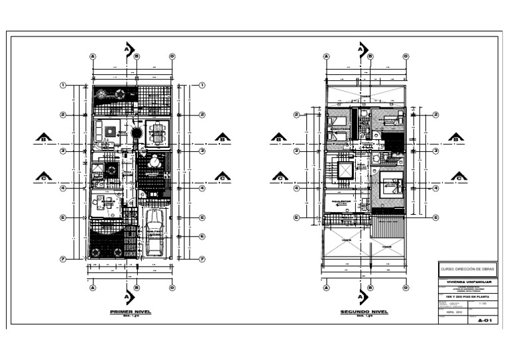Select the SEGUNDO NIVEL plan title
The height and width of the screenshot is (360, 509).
tap(365, 311)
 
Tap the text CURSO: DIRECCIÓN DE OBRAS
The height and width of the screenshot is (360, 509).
tap(467, 269)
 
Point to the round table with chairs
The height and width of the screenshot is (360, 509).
tap(154, 161)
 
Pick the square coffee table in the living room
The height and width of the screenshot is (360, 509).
tap(109, 130)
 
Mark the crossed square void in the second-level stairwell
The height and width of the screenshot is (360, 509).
tap(346, 170)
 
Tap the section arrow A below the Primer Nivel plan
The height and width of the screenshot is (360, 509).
tap(129, 296)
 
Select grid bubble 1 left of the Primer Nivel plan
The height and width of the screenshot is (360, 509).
tap(63, 85)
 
